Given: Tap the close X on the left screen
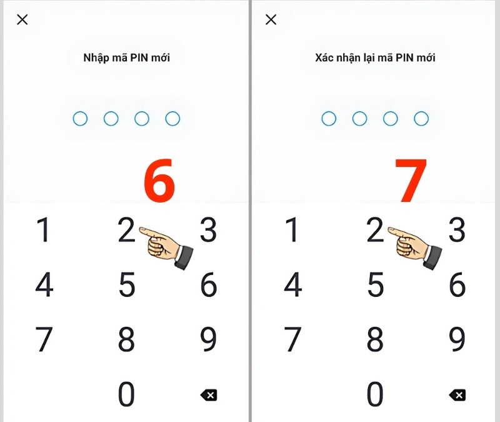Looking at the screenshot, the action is tap(22, 20).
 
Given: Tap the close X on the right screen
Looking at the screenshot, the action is tap(271, 20).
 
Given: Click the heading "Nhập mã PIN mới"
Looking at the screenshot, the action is tap(127, 58).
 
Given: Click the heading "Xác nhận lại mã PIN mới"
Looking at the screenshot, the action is tap(376, 58).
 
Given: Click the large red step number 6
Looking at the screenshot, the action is tap(159, 180).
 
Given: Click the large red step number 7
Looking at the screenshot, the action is tap(411, 180).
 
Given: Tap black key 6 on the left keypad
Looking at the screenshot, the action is tap(209, 284).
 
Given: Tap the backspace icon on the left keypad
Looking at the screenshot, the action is tap(209, 395).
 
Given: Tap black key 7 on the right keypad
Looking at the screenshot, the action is tap(292, 339).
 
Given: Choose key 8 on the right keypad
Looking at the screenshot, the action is tap(375, 339).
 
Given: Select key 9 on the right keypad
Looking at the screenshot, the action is tap(457, 339).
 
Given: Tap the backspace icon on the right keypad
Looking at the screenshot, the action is tap(457, 395).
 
